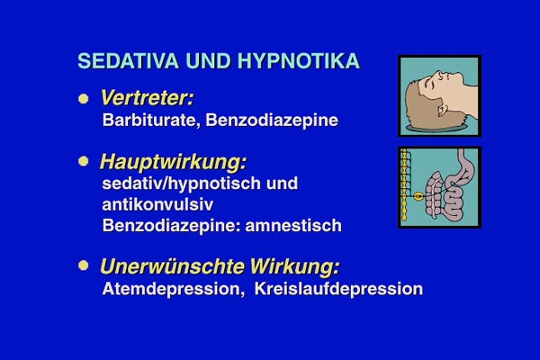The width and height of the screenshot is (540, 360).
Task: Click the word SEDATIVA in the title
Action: pyautogui.click(x=128, y=61)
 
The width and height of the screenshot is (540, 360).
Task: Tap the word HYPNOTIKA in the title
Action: pyautogui.click(x=299, y=61)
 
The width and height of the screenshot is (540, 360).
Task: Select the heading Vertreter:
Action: pyautogui.click(x=147, y=98)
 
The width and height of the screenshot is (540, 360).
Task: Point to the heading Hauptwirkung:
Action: pyautogui.click(x=173, y=162)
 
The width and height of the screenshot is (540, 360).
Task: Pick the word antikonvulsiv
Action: pyautogui.click(x=157, y=204)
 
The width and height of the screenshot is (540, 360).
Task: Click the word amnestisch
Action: pyautogui.click(x=293, y=226)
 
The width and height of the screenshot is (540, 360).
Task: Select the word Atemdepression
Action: pyautogui.click(x=171, y=289)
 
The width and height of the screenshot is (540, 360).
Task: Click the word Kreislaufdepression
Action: pyautogui.click(x=338, y=289)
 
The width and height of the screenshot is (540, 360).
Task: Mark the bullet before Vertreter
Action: pyautogui.click(x=84, y=99)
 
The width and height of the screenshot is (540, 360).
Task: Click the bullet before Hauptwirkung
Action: pyautogui.click(x=84, y=161)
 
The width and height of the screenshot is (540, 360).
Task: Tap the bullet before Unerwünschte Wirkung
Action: pyautogui.click(x=84, y=265)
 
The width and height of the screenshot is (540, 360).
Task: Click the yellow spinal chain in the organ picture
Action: pyautogui.click(x=404, y=184)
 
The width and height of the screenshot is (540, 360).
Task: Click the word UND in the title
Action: pyautogui.click(x=208, y=61)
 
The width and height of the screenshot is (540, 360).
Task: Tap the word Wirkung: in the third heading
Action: pyautogui.click(x=294, y=266)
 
